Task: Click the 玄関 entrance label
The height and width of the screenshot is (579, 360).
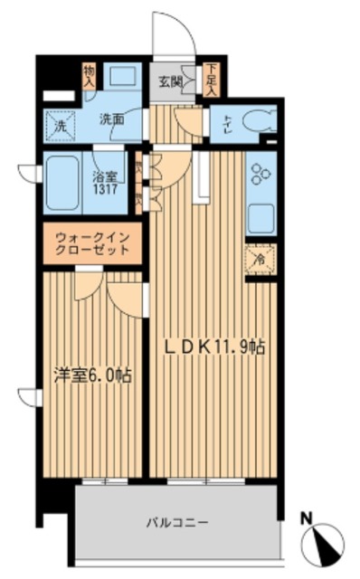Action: pos(171,82)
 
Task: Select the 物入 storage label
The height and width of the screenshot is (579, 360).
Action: pos(89,73)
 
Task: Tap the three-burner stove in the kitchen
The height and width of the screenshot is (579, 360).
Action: pos(260,176)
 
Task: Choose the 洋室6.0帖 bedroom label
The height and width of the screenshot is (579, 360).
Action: pos(92,374)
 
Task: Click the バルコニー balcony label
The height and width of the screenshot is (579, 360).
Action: pos(177,522)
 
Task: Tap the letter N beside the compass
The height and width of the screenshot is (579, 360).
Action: pos(308,519)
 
